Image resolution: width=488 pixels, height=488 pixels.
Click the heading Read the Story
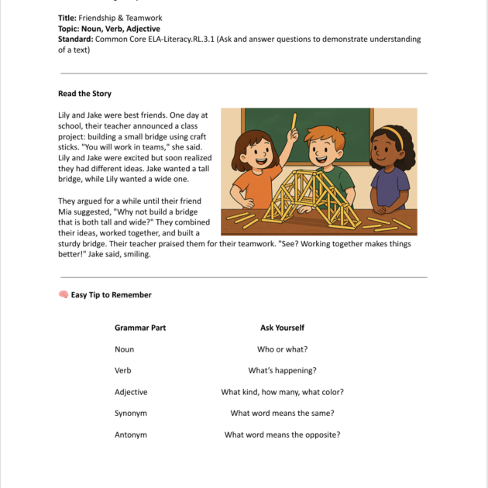coord(84,94)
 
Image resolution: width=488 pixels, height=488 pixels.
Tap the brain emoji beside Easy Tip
coord(64,294)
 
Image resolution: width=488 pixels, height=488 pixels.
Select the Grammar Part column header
coord(140,328)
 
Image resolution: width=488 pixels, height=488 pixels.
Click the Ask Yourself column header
coord(282,328)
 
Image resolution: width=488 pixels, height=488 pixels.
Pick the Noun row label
coord(125,349)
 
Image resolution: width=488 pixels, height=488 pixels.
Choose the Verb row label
coord(123,370)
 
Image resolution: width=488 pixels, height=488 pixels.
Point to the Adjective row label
coord(131,392)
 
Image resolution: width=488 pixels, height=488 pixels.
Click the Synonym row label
coord(131,413)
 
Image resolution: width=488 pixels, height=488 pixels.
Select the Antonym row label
coord(131,435)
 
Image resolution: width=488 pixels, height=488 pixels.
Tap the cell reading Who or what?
coord(282,349)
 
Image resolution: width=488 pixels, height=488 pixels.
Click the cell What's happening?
coord(282,370)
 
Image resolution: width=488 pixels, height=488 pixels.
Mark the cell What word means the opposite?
coord(282,435)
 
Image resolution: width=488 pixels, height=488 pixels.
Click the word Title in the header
coord(67,18)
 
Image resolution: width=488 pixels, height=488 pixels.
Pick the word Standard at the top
coord(74,39)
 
